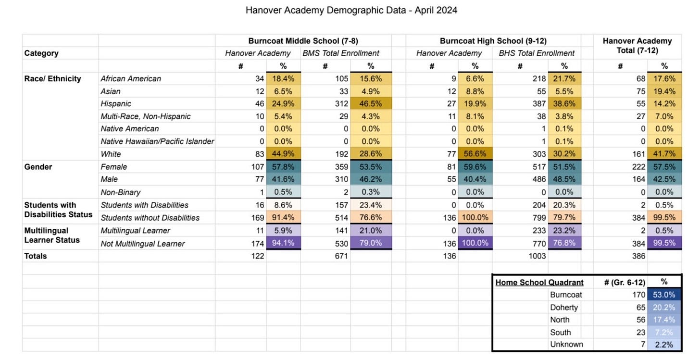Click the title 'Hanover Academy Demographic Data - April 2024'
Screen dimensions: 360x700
point(351,10)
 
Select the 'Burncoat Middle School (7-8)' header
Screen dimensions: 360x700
point(303,41)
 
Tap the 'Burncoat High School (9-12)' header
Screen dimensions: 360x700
point(493,41)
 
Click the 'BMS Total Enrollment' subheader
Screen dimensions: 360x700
point(341,53)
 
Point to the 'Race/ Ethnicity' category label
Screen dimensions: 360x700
point(53,78)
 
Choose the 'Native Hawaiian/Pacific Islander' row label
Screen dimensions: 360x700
point(157,141)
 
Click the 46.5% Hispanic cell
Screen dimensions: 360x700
point(371,104)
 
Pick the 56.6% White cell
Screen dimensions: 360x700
point(475,154)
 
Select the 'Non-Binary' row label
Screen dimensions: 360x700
point(121,192)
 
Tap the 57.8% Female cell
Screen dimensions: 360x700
point(284,167)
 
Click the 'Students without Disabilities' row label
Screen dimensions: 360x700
point(150,218)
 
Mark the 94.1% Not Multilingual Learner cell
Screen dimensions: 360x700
point(284,244)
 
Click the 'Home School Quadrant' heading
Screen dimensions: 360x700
point(539,282)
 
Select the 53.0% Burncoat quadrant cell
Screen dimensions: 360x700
point(664,295)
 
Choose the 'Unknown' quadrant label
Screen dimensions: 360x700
point(566,344)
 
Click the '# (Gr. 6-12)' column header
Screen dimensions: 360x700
point(624,282)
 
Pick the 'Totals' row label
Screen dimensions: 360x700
point(36,256)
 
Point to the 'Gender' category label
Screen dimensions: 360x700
point(37,167)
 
